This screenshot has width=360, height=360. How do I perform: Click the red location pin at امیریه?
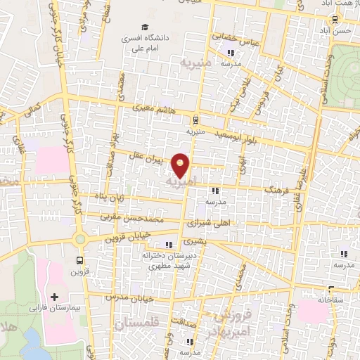[x=181, y=165]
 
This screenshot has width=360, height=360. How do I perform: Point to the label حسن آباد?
[x=342, y=32]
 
